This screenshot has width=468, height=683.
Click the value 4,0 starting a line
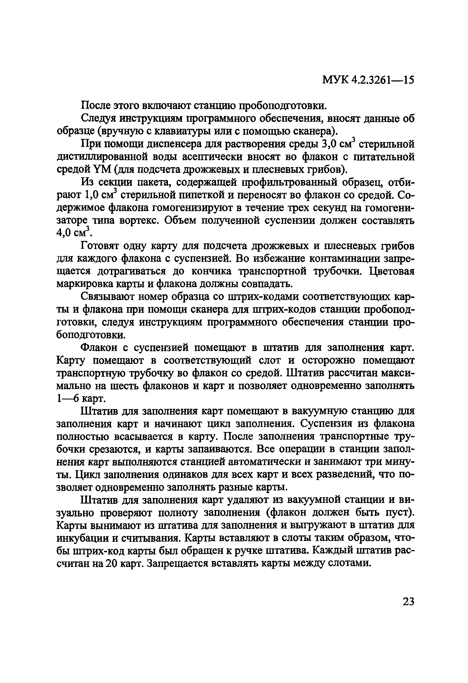tap(63, 233)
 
